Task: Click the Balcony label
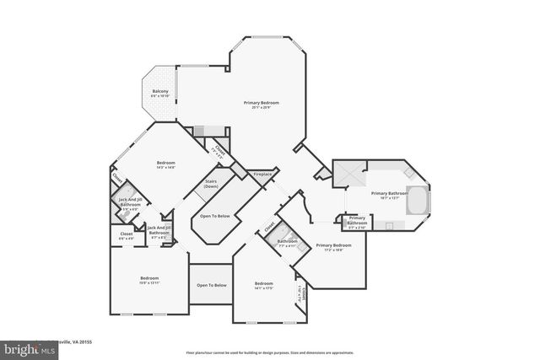[x=160, y=91]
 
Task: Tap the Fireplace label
[x=262, y=174]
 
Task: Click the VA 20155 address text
[x=76, y=342]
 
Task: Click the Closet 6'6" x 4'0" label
[x=127, y=235]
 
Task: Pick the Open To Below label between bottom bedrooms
[x=212, y=285]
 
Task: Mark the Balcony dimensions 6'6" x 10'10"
[x=160, y=96]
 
